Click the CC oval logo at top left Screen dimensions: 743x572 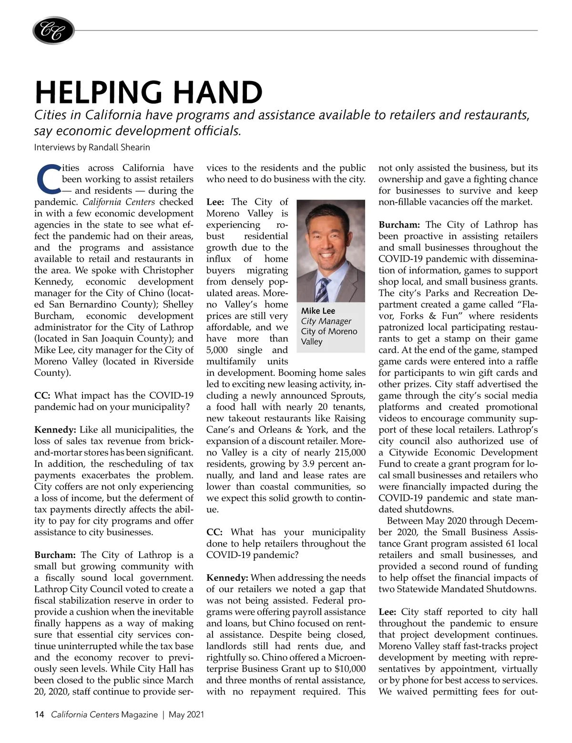[x=53, y=31]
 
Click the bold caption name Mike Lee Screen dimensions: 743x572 [x=318, y=311]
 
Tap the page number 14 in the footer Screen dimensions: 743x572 [x=39, y=714]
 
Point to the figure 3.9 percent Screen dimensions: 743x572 [x=319, y=464]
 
